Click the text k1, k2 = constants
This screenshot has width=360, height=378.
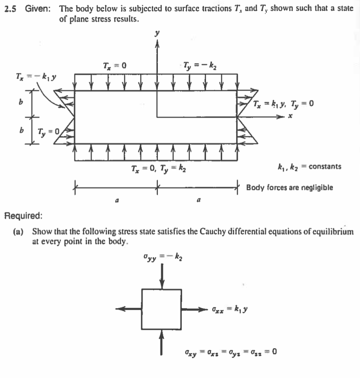pos(309,166)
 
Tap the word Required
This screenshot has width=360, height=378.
pos(23,216)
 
